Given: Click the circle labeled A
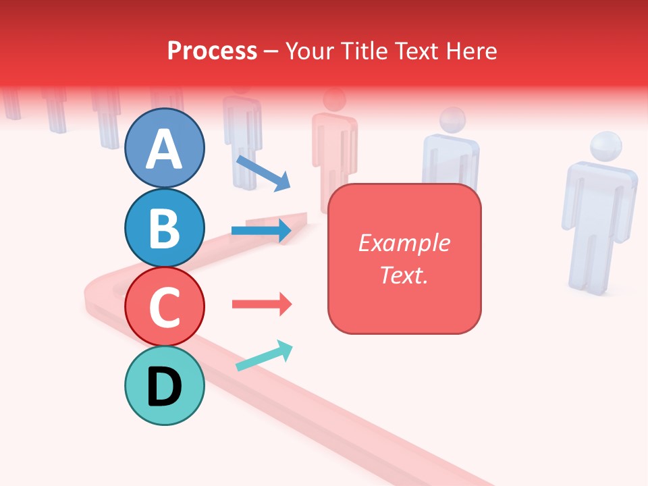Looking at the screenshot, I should pos(164,148).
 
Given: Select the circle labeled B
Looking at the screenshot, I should pos(164,227).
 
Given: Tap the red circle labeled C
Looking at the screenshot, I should pos(164,307).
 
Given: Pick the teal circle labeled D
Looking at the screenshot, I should pos(164,386).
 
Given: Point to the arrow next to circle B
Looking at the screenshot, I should pos(262,231).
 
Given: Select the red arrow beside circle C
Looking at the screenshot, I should pos(262,304).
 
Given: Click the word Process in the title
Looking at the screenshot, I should pos(212,51).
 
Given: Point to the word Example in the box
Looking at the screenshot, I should pos(404,243).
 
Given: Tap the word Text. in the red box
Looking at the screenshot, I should pos(404,275).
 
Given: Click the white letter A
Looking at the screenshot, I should pos(164,149).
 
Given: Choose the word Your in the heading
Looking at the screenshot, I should pos(310,51).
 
